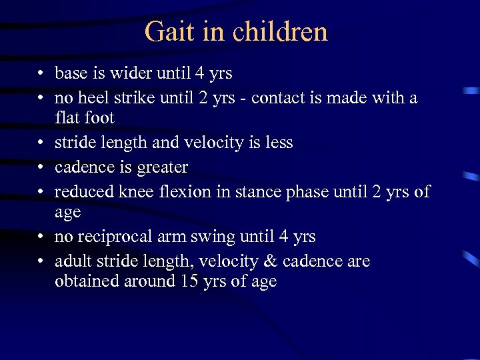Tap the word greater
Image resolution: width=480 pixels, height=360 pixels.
click(x=163, y=167)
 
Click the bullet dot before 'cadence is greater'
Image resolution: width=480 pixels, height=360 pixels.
click(x=41, y=167)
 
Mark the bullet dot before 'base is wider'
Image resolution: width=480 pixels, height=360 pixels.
click(x=41, y=73)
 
